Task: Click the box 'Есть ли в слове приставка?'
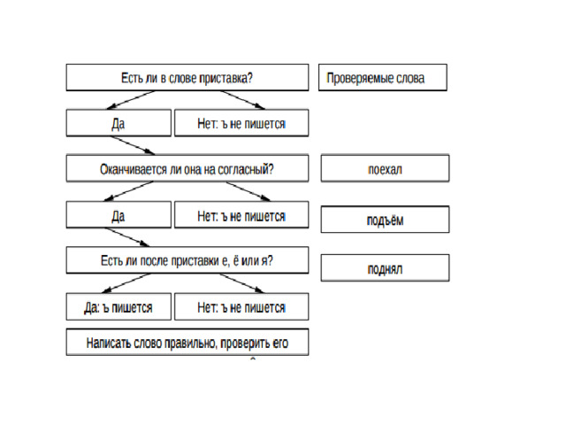[x=187, y=77]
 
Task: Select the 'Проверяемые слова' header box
[x=383, y=77]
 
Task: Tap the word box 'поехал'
[x=386, y=168]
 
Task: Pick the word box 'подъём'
[x=386, y=220]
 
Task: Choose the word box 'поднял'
[x=386, y=267]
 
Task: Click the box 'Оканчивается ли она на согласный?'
[x=187, y=168]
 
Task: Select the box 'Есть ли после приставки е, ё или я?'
[x=187, y=260]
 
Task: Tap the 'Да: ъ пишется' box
[x=119, y=307]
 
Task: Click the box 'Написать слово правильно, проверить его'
[x=187, y=343]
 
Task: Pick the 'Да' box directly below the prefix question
[x=119, y=123]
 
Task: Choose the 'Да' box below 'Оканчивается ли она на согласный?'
[x=119, y=214]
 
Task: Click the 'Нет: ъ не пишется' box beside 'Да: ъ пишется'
[x=241, y=307]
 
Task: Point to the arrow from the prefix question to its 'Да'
[x=131, y=100]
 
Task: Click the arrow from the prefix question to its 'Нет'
[x=242, y=100]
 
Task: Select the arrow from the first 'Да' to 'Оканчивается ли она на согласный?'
[x=133, y=145]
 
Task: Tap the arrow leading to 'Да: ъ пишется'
[x=126, y=283]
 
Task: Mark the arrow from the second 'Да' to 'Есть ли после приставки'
[x=127, y=237]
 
